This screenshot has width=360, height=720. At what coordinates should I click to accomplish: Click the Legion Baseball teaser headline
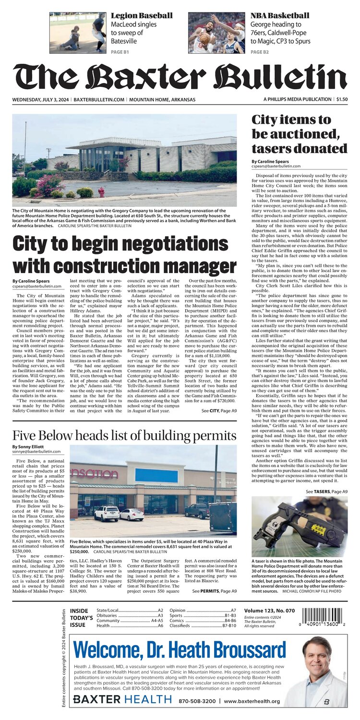pos(142,16)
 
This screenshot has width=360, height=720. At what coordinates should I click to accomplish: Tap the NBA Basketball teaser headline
pos(279,16)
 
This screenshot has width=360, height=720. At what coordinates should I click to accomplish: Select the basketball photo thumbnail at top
pos(216,32)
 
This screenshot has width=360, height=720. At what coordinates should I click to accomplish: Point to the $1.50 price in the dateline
pos(342,99)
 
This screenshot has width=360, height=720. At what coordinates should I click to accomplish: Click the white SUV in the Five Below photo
pos(107,513)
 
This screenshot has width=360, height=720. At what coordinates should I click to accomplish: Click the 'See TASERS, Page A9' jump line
pos(326,492)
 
